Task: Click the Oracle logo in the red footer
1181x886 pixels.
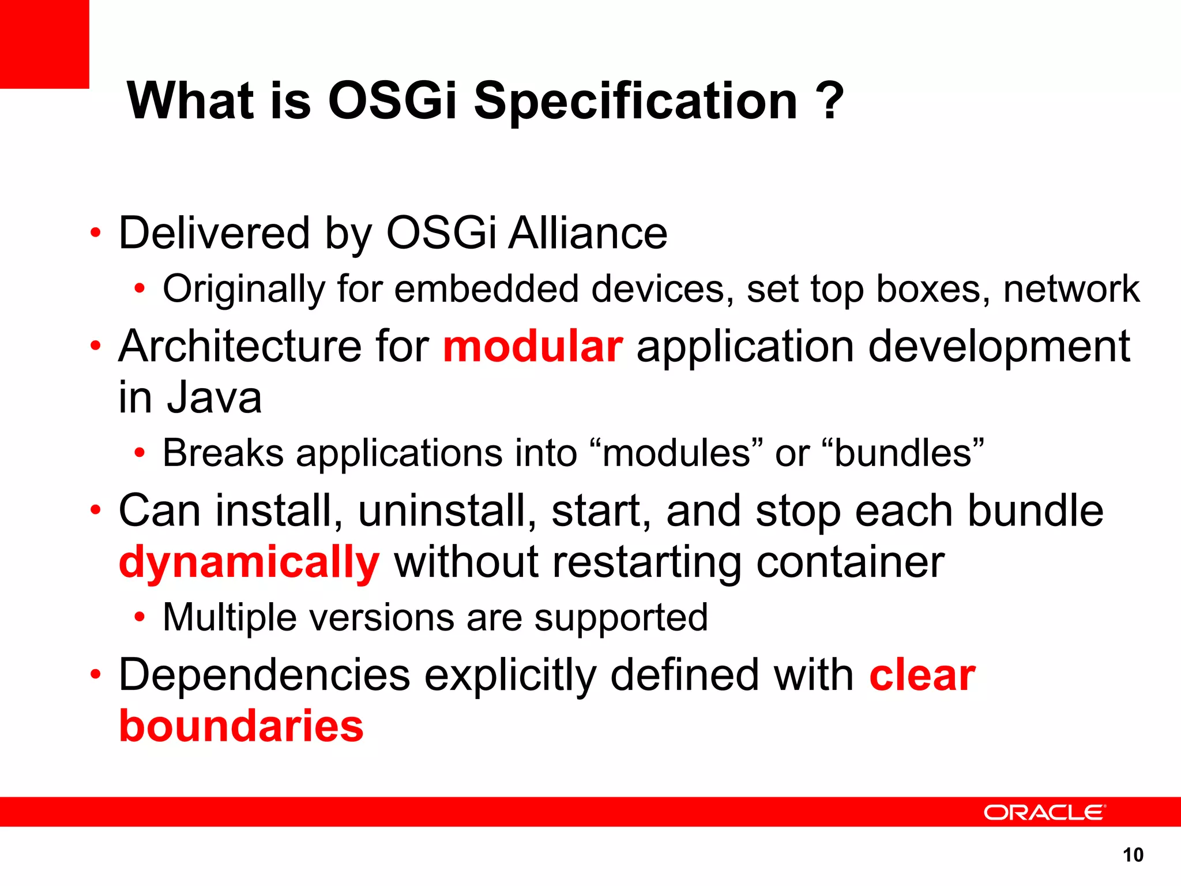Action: [x=1044, y=812]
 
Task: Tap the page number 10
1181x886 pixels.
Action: [x=1133, y=855]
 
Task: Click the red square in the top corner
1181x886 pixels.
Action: [x=44, y=44]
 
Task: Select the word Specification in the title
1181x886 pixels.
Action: [x=635, y=102]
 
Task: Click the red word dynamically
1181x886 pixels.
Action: [x=249, y=562]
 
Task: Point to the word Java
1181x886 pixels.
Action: [x=214, y=397]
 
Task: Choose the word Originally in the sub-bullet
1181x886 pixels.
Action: [x=243, y=288]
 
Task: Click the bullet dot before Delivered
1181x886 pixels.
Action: [x=96, y=234]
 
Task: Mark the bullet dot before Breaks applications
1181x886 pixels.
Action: [x=139, y=453]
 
